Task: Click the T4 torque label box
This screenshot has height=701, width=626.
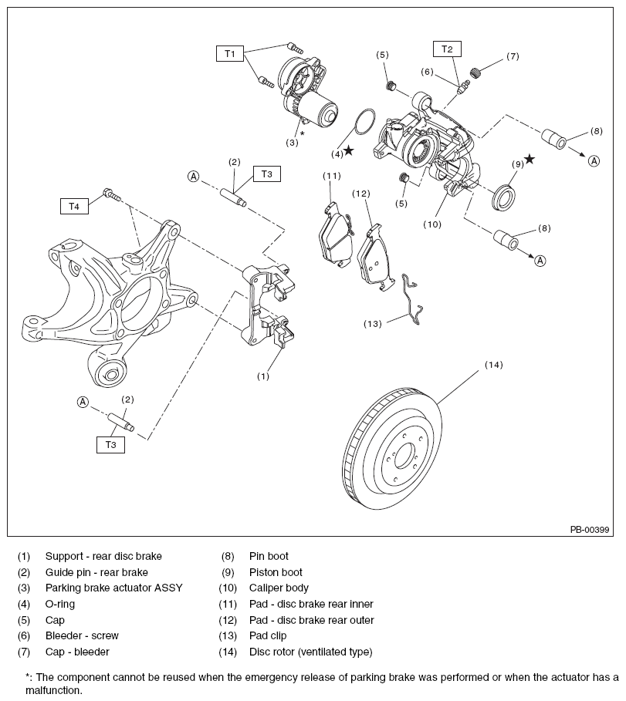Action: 74,206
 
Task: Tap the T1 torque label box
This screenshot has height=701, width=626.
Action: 229,53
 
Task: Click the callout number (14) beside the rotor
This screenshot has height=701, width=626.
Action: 493,365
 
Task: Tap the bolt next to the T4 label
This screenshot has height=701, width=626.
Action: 113,195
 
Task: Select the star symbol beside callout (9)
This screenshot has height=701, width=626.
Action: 530,160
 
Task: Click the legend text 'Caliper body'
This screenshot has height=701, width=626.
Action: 279,588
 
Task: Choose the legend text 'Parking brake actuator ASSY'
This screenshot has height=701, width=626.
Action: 113,588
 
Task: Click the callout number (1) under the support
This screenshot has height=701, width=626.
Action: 262,376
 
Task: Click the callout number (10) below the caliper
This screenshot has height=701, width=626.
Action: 432,224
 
